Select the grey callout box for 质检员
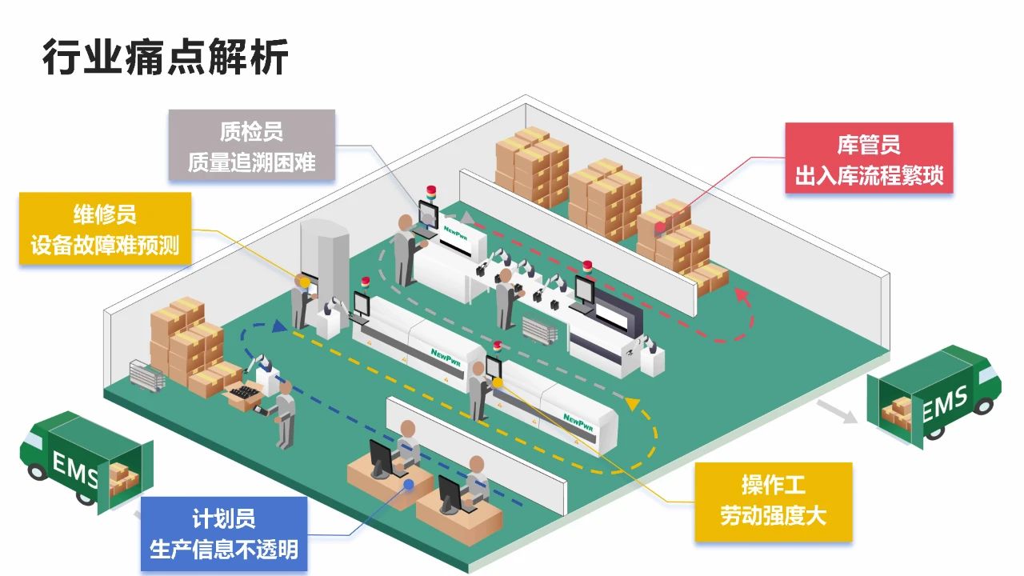pyautogui.click(x=252, y=146)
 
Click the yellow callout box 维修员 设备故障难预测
pyautogui.click(x=105, y=229)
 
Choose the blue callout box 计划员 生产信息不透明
pyautogui.click(x=223, y=534)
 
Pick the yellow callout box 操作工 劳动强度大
pyautogui.click(x=773, y=501)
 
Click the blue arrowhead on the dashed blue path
pyautogui.click(x=278, y=326)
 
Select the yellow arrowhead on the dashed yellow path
pyautogui.click(x=634, y=404)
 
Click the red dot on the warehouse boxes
pyautogui.click(x=659, y=228)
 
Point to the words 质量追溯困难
pyautogui.click(x=252, y=162)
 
